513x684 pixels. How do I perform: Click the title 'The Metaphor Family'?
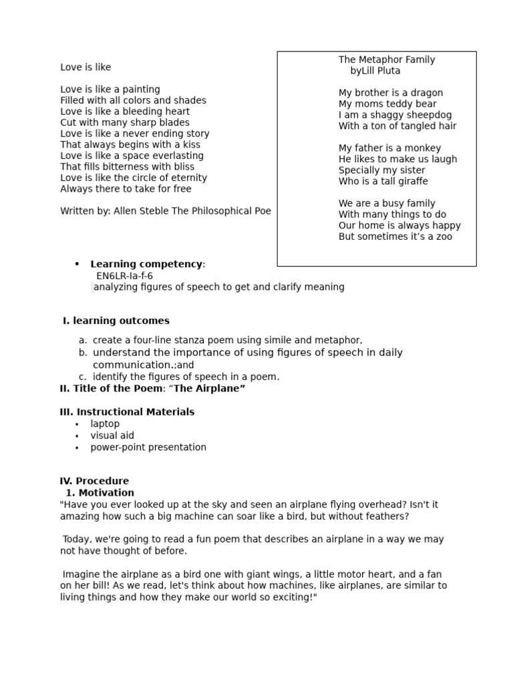386,60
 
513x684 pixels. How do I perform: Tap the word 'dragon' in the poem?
427,93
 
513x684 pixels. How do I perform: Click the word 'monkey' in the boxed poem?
423,148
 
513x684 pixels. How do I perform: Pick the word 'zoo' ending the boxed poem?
442,237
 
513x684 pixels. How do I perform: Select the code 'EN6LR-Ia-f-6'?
124,276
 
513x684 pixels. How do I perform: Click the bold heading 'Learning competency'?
146,265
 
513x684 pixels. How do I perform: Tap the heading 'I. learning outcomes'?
116,321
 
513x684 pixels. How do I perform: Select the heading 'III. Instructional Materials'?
127,412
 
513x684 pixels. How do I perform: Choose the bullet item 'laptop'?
105,424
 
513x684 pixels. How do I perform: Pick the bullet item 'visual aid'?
112,436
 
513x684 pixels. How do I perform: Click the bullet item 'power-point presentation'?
148,448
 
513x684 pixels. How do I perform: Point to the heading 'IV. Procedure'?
94,481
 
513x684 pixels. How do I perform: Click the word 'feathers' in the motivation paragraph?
386,517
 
